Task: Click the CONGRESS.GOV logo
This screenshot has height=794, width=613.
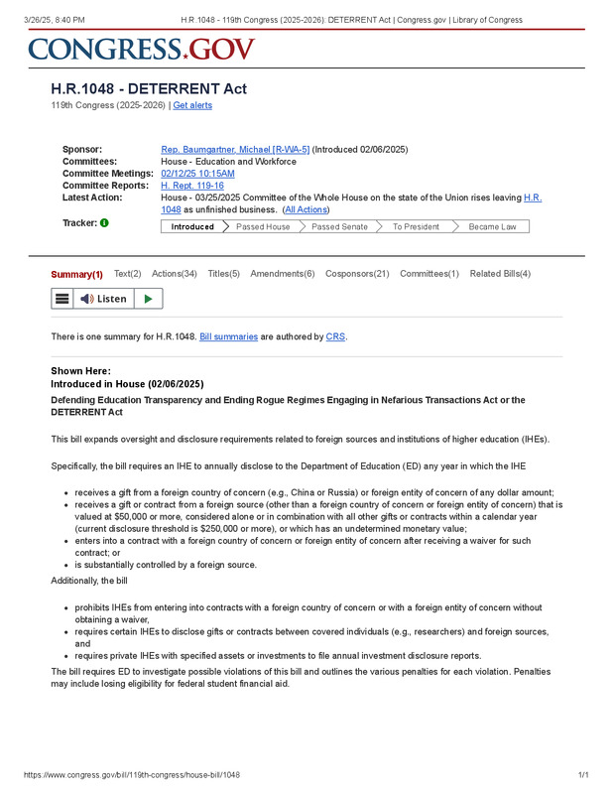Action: click(x=142, y=49)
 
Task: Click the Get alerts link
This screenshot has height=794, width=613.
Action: click(x=192, y=105)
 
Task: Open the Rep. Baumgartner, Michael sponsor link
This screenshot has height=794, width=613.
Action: click(x=235, y=150)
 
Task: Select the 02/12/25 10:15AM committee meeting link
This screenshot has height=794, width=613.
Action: click(x=197, y=174)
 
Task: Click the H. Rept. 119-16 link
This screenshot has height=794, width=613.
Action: click(x=192, y=186)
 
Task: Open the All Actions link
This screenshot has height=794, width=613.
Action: click(x=306, y=209)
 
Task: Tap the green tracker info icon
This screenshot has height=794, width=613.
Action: click(x=104, y=223)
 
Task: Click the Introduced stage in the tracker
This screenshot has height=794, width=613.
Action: click(x=192, y=226)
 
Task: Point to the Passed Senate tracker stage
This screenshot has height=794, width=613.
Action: click(x=339, y=226)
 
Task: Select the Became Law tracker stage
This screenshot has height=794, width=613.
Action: click(x=492, y=226)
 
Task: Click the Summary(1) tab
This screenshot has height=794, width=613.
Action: click(x=76, y=274)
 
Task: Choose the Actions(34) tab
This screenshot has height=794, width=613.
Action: click(x=175, y=274)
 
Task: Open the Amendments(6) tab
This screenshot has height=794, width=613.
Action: click(x=283, y=274)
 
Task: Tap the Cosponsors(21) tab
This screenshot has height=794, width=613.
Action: click(x=357, y=274)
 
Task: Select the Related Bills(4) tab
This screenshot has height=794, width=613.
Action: click(x=500, y=274)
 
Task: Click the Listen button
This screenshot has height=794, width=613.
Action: click(x=104, y=299)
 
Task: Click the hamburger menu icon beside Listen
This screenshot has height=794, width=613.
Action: click(x=61, y=299)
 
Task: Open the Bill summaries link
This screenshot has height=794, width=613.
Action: click(x=229, y=337)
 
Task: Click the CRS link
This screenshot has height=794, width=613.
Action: click(x=335, y=337)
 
